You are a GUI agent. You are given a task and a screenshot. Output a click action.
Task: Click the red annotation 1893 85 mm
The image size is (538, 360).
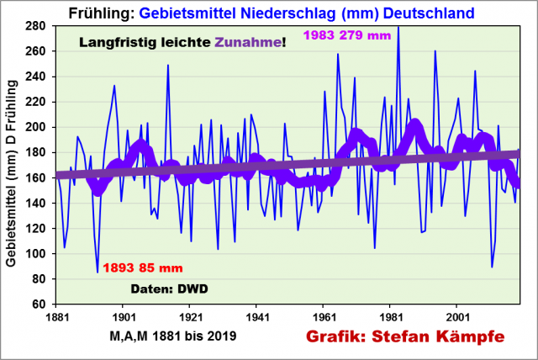tap(142, 269)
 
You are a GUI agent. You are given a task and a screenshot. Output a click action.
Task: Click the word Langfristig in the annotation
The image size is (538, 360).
tap(117, 41)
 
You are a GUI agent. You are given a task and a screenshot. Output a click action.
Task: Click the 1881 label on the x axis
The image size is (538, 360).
tap(56, 317)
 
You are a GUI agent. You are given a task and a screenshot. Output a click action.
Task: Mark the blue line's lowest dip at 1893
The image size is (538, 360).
tap(98, 272)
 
